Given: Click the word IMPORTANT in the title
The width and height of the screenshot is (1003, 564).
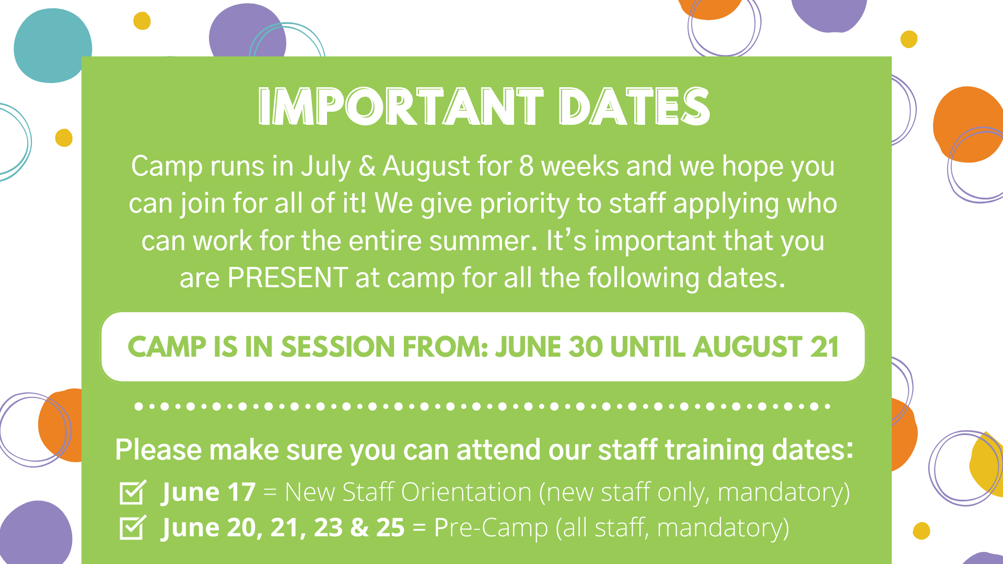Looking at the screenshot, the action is [401, 107].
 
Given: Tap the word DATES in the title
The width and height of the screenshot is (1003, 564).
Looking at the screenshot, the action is [635, 107].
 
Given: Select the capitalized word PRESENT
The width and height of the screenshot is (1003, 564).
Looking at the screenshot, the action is [288, 278].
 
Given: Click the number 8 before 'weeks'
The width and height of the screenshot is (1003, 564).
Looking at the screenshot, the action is [526, 167].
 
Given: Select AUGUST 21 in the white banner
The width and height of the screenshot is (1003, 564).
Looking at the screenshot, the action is [766, 347].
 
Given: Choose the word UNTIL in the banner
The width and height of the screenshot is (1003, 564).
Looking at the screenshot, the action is [648, 347].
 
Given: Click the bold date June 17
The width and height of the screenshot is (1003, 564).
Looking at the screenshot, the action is [208, 492].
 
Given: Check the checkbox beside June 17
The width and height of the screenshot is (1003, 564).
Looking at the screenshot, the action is [133, 492].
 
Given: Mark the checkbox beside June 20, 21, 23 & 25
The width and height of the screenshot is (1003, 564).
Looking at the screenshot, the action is [133, 527].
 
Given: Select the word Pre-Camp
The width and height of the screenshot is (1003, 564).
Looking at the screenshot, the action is [491, 528].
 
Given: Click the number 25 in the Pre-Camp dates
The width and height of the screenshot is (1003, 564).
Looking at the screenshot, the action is [390, 528].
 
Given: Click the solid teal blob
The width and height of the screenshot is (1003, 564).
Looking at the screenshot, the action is [52, 46].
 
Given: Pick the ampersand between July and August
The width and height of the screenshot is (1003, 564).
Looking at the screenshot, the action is [367, 167].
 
